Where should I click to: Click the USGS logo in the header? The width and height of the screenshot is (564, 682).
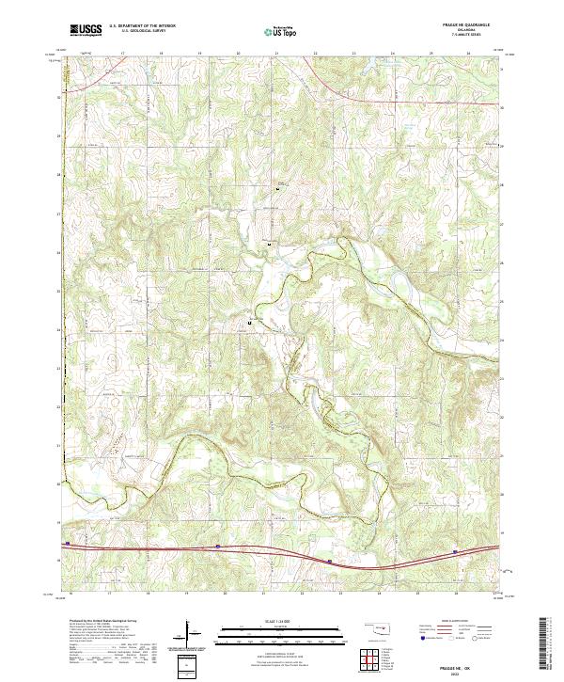[86, 29]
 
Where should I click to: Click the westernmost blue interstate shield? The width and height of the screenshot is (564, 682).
[68, 543]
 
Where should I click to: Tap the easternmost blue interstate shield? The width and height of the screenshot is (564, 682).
[456, 552]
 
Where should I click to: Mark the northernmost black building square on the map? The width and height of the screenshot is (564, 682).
[277, 191]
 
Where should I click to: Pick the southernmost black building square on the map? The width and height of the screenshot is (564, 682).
[249, 323]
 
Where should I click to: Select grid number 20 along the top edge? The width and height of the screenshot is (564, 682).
[238, 54]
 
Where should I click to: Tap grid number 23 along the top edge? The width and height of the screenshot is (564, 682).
[353, 54]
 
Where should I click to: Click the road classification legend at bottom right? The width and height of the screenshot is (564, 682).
[458, 629]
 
